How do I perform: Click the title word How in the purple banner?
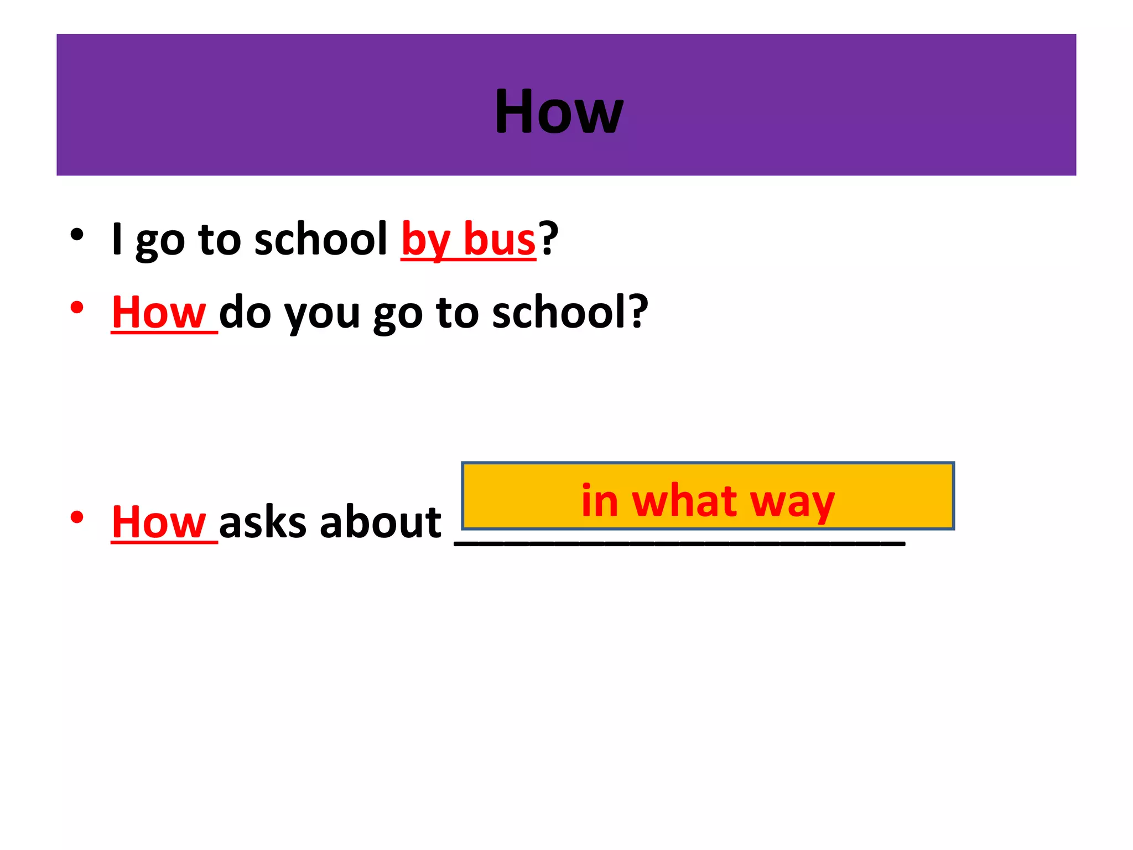pos(559,112)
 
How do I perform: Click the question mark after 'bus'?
pos(549,238)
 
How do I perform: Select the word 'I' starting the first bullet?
pos(117,239)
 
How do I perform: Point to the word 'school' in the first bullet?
pos(321,239)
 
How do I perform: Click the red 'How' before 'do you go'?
pos(159,313)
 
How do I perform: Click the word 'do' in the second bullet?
pos(245,313)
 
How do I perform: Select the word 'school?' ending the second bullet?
pos(570,313)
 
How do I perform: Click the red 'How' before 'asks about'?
pos(159,522)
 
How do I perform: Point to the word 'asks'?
pos(263,522)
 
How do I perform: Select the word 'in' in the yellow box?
pos(600,500)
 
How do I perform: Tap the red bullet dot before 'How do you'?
pos(77,308)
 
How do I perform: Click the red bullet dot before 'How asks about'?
pos(77,517)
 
